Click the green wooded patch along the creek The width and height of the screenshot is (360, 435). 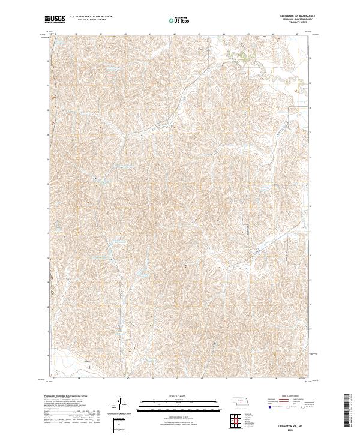[239, 57]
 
